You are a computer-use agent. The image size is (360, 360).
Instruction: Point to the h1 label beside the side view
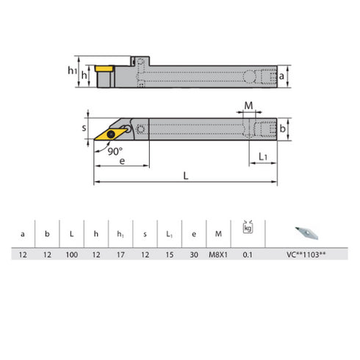[72, 71]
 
